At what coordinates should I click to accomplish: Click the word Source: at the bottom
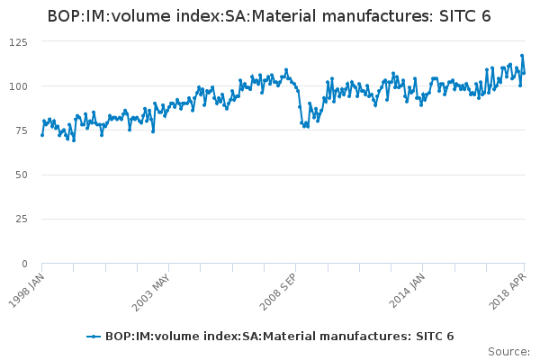point(508,351)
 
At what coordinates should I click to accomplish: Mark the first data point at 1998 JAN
point(42,135)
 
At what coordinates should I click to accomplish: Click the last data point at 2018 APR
point(524,73)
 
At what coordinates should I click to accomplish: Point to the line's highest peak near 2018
point(521,56)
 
